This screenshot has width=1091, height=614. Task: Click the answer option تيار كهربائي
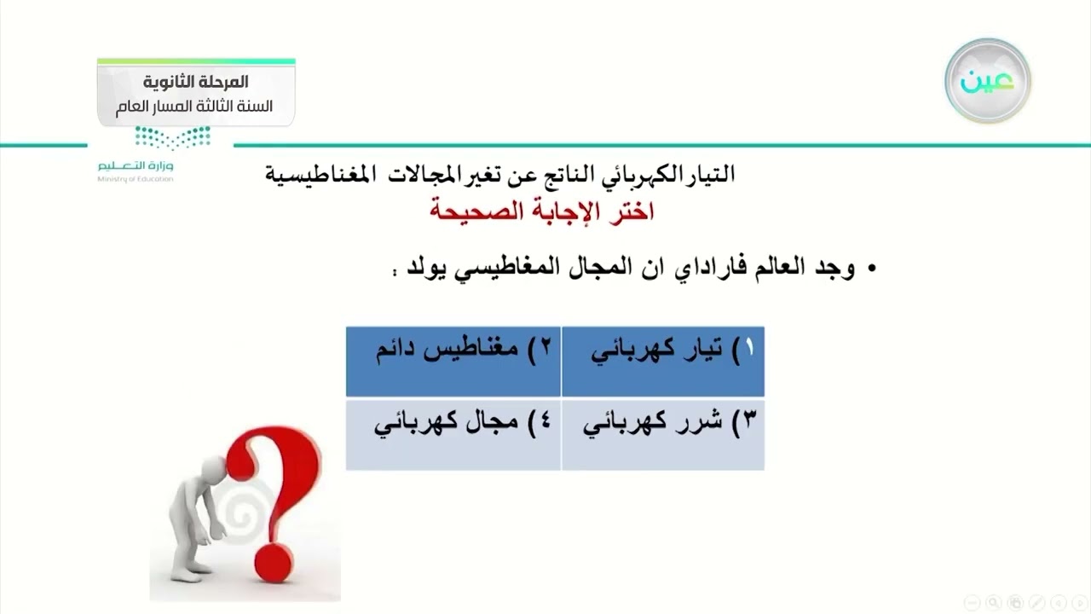pyautogui.click(x=663, y=351)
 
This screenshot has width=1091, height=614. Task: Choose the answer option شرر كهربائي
pyautogui.click(x=663, y=424)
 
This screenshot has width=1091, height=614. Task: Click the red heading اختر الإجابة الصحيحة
pyautogui.click(x=542, y=211)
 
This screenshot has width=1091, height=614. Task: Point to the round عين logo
pyautogui.click(x=987, y=81)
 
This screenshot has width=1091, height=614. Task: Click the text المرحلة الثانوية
pyautogui.click(x=196, y=82)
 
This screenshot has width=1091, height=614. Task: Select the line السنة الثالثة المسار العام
pyautogui.click(x=195, y=107)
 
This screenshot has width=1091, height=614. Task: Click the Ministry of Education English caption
pyautogui.click(x=135, y=179)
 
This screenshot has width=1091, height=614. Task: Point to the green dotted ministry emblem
pyautogui.click(x=172, y=136)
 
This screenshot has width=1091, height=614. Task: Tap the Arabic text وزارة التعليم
pyautogui.click(x=135, y=165)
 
